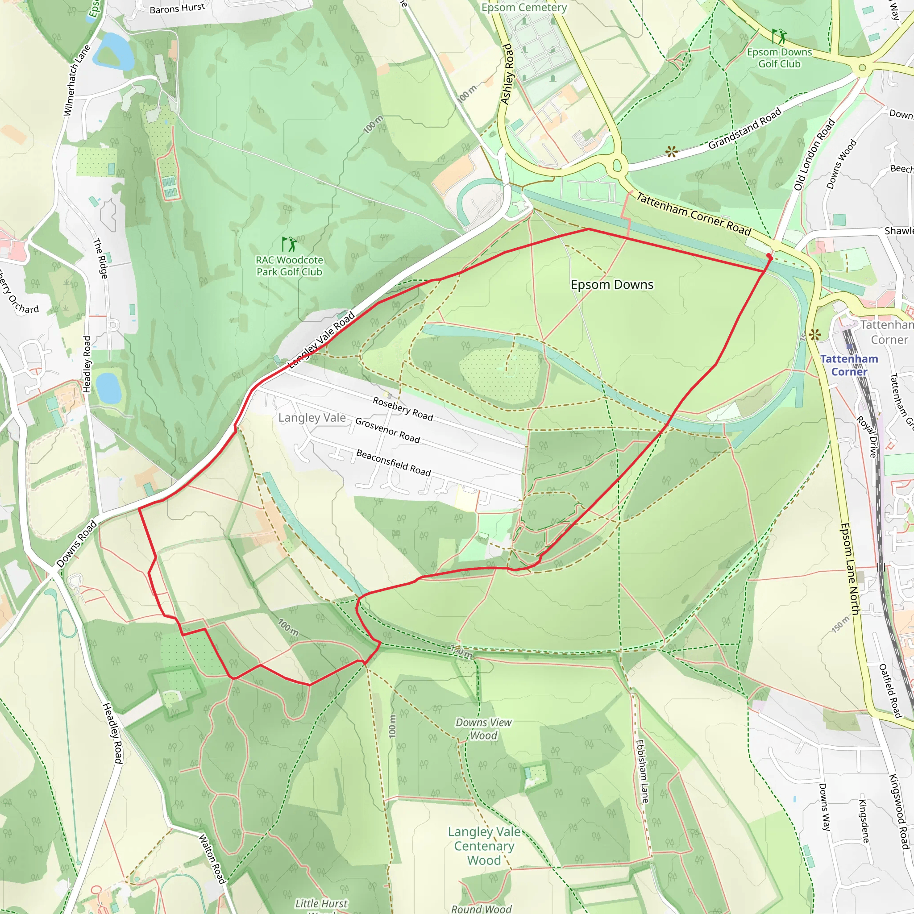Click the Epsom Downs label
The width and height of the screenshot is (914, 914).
(x=612, y=284)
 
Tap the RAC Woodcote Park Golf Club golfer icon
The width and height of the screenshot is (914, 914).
(x=289, y=244)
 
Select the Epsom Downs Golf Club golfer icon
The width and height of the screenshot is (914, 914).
(x=779, y=36)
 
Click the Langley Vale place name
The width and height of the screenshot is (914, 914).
(x=312, y=418)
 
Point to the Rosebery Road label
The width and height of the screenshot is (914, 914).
(x=403, y=408)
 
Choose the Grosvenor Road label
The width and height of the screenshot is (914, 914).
(x=387, y=430)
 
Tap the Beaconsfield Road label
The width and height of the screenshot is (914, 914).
(x=393, y=463)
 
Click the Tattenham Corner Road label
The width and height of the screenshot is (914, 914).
(x=693, y=214)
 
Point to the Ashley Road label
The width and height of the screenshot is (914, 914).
(x=507, y=74)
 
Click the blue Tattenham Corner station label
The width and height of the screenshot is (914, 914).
(x=849, y=365)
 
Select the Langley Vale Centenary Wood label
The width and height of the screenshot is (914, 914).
(x=483, y=846)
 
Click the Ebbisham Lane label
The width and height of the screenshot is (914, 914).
(x=642, y=772)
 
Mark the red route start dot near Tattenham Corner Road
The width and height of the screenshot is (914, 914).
(x=769, y=257)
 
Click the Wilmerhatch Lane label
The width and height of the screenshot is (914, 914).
(x=77, y=80)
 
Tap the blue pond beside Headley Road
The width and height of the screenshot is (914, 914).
(x=108, y=387)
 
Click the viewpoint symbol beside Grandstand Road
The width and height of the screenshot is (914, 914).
(x=671, y=152)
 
